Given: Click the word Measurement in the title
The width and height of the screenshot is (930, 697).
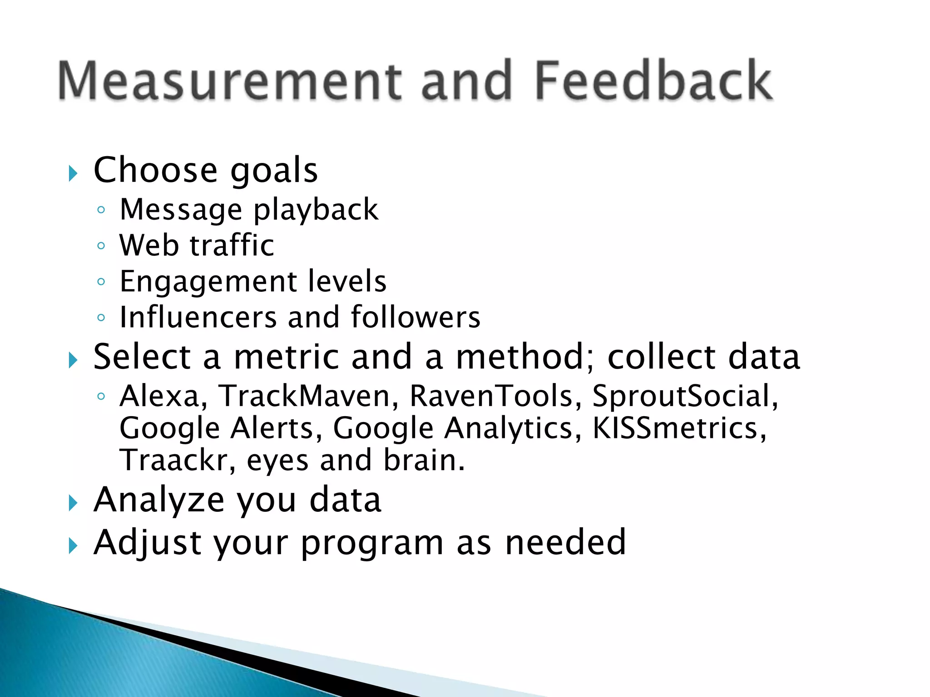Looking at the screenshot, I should click(x=229, y=80).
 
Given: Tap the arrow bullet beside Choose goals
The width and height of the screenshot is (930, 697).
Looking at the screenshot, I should click(x=73, y=173).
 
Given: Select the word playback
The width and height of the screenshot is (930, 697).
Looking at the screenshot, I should click(x=316, y=210).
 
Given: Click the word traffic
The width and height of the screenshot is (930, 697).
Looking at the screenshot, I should click(x=232, y=245).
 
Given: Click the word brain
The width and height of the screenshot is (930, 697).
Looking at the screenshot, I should click(x=424, y=460).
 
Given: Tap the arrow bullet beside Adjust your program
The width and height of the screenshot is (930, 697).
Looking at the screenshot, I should click(x=73, y=546).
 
